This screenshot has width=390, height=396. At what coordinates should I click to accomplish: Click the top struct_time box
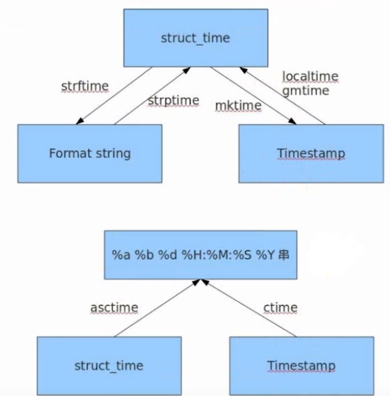[194, 38]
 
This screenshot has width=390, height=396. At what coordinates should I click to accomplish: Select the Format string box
[90, 153]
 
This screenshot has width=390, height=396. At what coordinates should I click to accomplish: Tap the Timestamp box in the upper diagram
[311, 153]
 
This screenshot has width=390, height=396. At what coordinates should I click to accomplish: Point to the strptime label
[173, 100]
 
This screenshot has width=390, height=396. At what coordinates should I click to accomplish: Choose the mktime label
[238, 105]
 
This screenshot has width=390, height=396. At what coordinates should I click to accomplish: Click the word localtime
[310, 76]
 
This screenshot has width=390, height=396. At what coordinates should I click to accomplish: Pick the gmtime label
[305, 91]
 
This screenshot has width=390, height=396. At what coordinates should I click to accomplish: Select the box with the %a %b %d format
[201, 255]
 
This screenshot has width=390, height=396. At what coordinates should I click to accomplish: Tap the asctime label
[114, 308]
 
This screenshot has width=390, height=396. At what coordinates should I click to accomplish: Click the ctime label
[282, 308]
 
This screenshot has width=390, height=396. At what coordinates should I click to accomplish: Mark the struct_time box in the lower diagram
[108, 366]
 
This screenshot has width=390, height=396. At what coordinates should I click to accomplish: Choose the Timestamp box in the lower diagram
[302, 366]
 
